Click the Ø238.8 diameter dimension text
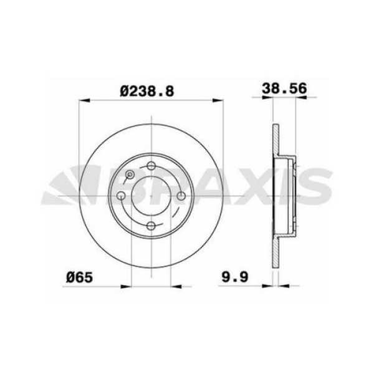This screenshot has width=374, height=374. click(x=148, y=90)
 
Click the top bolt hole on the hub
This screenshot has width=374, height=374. click(x=151, y=166)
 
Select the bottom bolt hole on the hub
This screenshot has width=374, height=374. click(x=151, y=226)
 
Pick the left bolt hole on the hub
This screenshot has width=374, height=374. click(x=121, y=196)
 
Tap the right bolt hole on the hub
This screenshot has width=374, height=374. click(x=181, y=196)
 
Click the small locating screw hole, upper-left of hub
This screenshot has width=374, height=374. click(x=130, y=175)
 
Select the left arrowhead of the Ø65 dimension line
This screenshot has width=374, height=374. click(x=127, y=287)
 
